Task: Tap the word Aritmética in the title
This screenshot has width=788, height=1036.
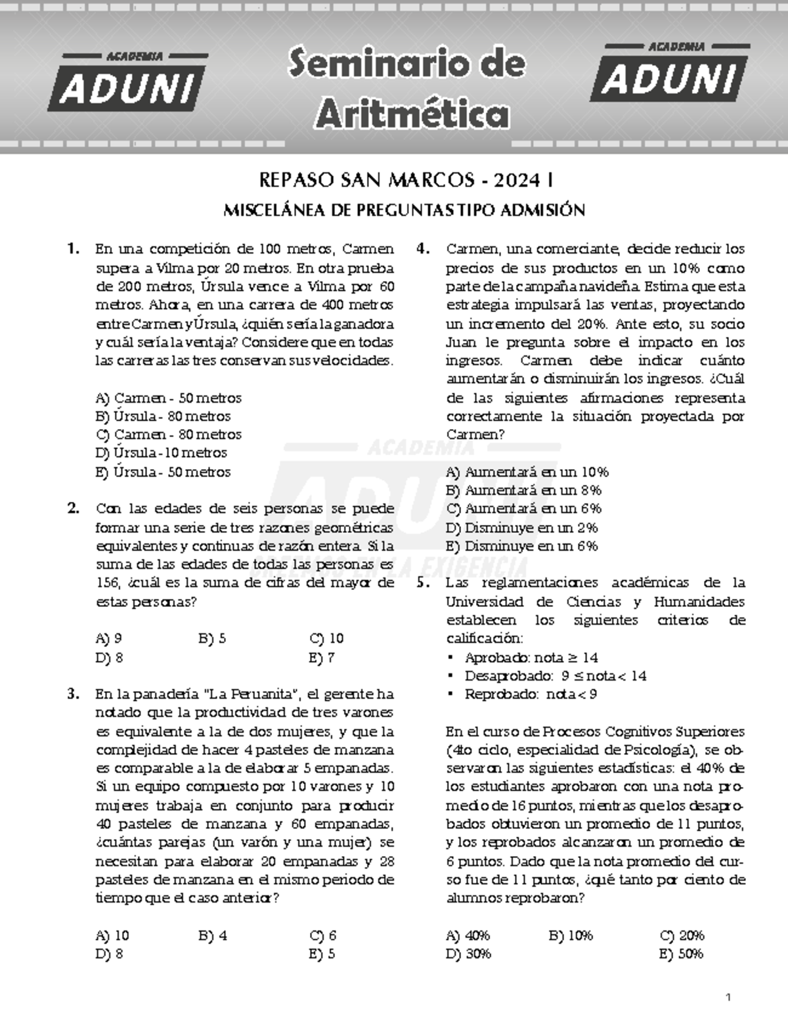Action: tap(412, 114)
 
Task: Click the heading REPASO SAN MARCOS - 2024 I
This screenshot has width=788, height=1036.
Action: tap(405, 179)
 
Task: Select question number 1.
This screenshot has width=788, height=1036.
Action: tap(73, 249)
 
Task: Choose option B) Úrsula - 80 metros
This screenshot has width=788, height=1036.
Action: tap(163, 417)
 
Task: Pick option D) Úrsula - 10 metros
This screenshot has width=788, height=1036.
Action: tap(161, 453)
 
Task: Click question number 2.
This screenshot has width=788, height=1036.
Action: tap(73, 508)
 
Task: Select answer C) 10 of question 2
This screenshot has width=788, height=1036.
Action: tap(326, 639)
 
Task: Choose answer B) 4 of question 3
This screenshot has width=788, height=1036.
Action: tap(212, 935)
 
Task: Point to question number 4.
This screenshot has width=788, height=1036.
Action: tap(423, 249)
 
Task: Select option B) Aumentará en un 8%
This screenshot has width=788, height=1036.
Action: tap(523, 490)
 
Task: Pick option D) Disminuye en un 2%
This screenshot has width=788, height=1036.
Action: tap(521, 528)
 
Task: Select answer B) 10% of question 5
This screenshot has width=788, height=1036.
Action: tap(570, 935)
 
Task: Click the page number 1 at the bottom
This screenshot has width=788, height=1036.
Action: tap(728, 997)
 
